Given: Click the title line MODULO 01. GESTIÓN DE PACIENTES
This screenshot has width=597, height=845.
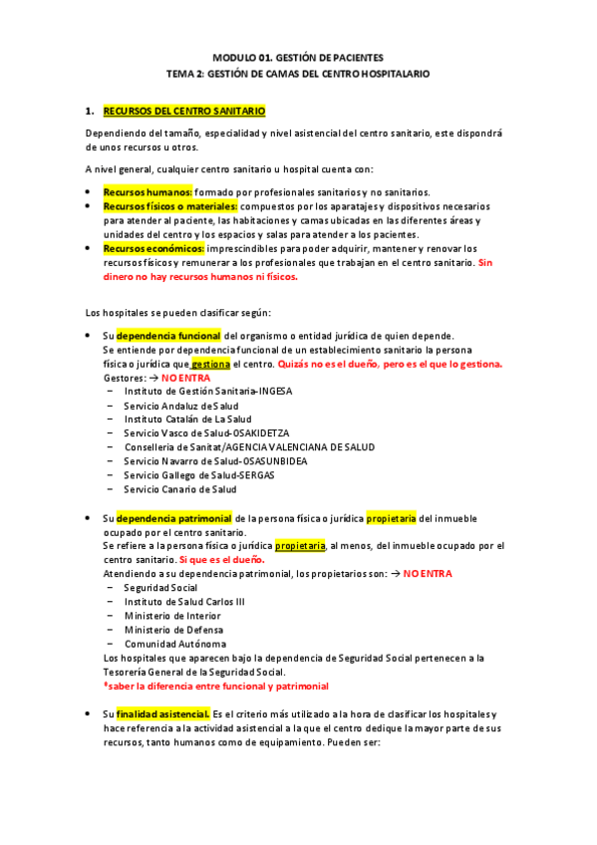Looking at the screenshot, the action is (x=298, y=58).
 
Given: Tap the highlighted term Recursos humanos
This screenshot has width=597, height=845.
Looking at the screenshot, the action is (x=148, y=192).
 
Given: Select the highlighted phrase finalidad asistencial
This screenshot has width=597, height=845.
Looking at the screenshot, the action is (x=162, y=714).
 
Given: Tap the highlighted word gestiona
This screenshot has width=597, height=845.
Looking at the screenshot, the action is (x=210, y=364).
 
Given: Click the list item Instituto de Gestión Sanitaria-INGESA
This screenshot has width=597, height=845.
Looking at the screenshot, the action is (x=207, y=392).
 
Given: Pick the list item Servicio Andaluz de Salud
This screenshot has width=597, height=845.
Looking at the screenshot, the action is (x=180, y=406).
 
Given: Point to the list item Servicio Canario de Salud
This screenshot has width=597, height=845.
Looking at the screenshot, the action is (x=179, y=489).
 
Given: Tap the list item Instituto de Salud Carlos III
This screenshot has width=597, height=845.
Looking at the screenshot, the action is (x=183, y=602).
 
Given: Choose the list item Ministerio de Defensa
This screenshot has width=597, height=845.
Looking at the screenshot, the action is (x=173, y=630).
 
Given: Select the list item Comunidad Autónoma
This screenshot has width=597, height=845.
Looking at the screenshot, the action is (x=174, y=644).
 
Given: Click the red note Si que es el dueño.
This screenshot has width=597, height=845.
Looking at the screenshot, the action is (x=206, y=560).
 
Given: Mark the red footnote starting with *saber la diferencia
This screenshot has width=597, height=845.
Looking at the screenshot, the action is (x=215, y=687).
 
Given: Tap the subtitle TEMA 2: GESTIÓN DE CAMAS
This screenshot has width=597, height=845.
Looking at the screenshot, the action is (x=298, y=74).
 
